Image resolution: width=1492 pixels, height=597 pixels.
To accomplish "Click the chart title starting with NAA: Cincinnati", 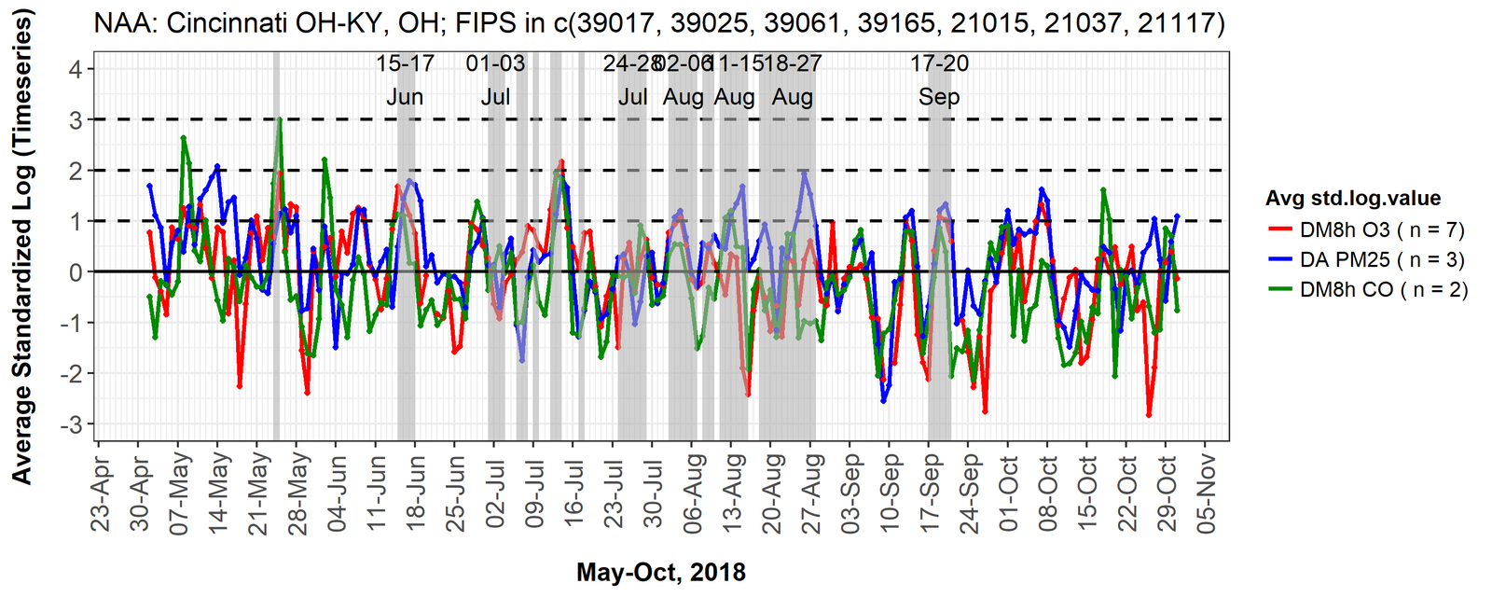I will tap(659, 22).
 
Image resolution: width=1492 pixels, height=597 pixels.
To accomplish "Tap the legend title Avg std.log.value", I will tap(1352, 199).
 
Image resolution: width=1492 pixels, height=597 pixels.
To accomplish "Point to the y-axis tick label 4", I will tap(76, 69).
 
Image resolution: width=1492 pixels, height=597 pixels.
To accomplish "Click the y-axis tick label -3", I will tap(72, 424).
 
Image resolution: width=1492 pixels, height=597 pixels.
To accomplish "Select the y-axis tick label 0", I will tap(76, 272).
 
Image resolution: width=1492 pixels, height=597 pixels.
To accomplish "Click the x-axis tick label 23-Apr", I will tap(102, 493).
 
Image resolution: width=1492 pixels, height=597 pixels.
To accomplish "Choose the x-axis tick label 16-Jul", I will tap(575, 493).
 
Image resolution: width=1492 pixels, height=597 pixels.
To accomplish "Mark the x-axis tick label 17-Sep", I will tap(931, 493).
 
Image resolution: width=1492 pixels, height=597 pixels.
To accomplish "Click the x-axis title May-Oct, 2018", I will tap(660, 572).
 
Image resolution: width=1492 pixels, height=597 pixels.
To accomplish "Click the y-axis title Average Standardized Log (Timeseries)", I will tap(22, 246).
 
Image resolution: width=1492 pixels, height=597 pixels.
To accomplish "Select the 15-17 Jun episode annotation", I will tap(405, 80).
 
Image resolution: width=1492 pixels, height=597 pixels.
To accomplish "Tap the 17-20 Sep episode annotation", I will tap(939, 80).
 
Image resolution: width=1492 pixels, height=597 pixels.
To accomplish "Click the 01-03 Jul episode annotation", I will tap(495, 80).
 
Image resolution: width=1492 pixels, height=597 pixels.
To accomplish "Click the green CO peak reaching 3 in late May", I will tap(279, 119).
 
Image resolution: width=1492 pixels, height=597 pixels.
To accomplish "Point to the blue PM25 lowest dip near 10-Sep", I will tap(883, 401).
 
